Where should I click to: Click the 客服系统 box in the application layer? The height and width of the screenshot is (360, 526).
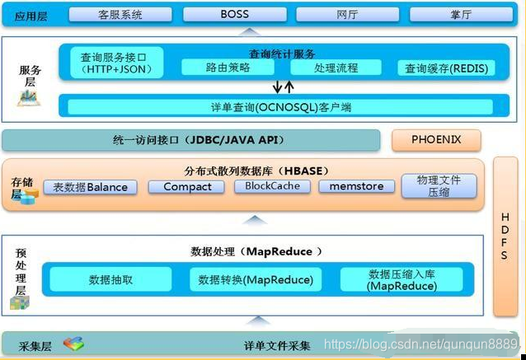pos(120,14)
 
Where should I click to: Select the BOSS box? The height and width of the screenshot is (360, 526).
pos(234,14)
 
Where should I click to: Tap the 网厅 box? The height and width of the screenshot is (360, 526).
pos(347,14)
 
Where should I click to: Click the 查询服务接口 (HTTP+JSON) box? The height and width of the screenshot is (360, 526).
pos(112,63)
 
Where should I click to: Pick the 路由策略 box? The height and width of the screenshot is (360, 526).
pos(228,68)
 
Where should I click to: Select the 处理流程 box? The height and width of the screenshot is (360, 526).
pos(336,68)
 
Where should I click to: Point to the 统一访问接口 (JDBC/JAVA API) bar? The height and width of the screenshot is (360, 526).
pos(191,140)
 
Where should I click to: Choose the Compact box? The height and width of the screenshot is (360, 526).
pos(187,187)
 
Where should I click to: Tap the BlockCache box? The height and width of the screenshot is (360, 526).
pos(272,186)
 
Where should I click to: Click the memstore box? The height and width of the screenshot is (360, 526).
pos(356,186)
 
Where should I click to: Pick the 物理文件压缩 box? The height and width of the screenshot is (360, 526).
pos(439,186)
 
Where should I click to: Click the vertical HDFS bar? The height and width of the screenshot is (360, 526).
pos(505,236)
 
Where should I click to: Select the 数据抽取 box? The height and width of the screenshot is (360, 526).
pos(110,280)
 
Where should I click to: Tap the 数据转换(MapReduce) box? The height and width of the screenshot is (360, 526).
pos(256,280)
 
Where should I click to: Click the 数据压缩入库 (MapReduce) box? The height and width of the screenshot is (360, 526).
pos(402,280)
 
